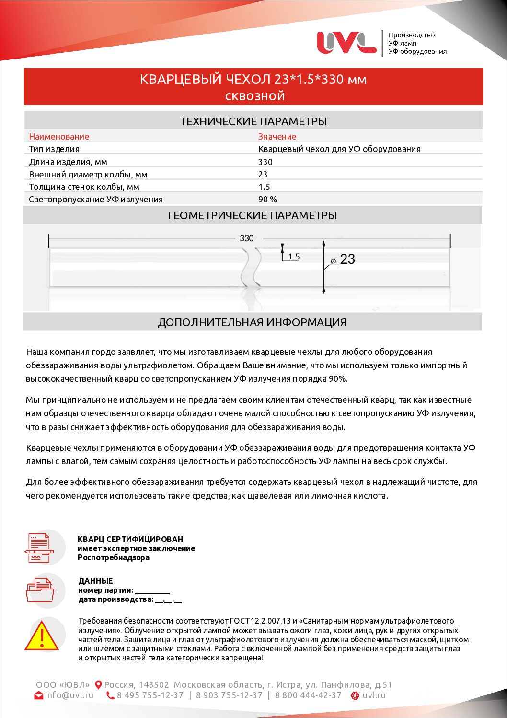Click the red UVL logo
[x=346, y=42]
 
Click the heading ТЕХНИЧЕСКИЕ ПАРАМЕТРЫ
[x=253, y=121]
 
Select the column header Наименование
[x=59, y=137]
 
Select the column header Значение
[x=277, y=137]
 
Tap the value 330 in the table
[x=265, y=162]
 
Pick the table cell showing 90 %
[x=267, y=200]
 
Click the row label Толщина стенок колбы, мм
[x=84, y=187]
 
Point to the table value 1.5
[x=264, y=187]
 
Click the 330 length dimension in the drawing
[x=246, y=238]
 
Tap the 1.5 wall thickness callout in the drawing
[x=294, y=257]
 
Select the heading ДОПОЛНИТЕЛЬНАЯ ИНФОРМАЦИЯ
[x=252, y=323]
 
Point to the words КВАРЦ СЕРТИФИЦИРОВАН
[x=130, y=539]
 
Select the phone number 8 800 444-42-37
[x=308, y=695]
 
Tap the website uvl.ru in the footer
[x=374, y=695]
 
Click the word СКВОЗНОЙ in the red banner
[x=255, y=96]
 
